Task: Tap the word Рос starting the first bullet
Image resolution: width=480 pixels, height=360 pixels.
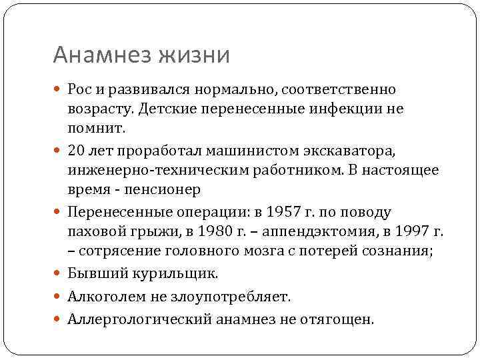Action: pyautogui.click(x=80, y=89)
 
